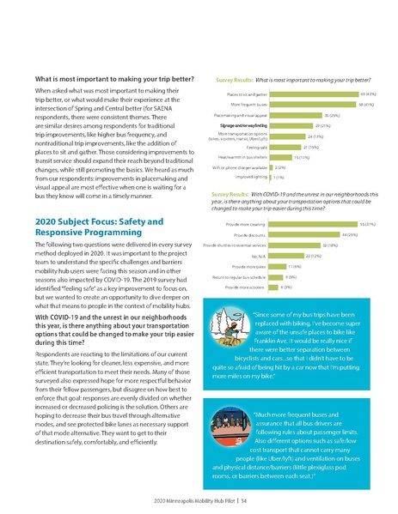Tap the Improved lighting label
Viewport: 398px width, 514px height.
click(251, 177)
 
